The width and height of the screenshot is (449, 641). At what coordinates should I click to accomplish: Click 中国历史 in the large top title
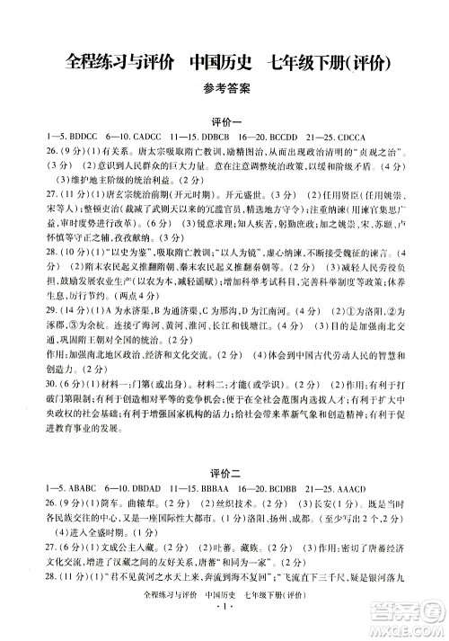pos(216,61)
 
